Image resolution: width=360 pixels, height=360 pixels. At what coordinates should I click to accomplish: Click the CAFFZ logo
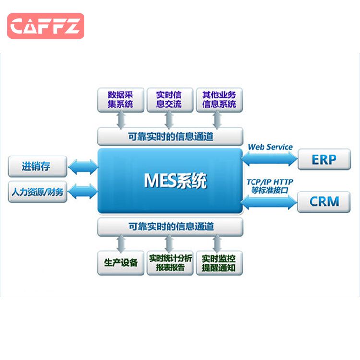pyautogui.click(x=46, y=26)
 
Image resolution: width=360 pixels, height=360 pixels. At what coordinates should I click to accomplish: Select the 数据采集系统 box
pyautogui.click(x=120, y=100)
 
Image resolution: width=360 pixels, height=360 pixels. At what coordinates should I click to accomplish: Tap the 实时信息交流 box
pyautogui.click(x=169, y=100)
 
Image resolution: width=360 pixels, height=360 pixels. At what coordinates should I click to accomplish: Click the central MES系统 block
pyautogui.click(x=170, y=181)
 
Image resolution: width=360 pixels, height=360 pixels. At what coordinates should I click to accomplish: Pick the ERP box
pyautogui.click(x=324, y=159)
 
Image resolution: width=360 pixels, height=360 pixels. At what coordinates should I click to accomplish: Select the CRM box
pyautogui.click(x=324, y=201)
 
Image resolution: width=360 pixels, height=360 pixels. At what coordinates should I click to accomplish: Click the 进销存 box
pyautogui.click(x=37, y=167)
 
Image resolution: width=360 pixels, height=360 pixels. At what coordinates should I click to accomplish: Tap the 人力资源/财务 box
pyautogui.click(x=37, y=192)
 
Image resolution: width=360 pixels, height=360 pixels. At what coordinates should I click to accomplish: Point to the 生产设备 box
pyautogui.click(x=120, y=263)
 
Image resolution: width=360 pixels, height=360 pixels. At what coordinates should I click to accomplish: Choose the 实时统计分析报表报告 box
pyautogui.click(x=170, y=263)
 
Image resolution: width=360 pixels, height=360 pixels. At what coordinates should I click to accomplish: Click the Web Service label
pyautogui.click(x=270, y=147)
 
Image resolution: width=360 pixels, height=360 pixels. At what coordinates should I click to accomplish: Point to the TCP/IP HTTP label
pyautogui.click(x=270, y=182)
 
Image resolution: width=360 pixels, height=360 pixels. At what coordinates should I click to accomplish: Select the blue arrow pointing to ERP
pyautogui.click(x=270, y=159)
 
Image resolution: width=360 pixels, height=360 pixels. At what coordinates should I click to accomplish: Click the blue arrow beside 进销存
pyautogui.click(x=83, y=168)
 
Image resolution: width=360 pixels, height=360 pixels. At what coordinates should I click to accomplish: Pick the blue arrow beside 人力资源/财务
pyautogui.click(x=83, y=192)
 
